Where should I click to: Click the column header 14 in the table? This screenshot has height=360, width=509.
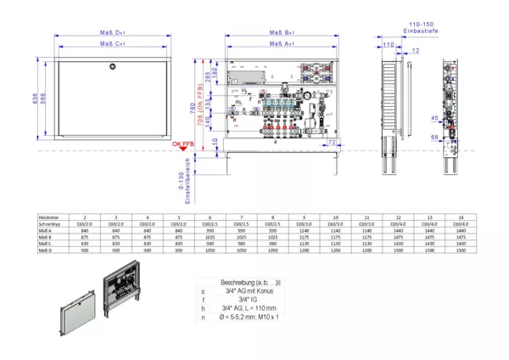point(459,217)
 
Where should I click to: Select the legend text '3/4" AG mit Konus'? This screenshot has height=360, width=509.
point(251,291)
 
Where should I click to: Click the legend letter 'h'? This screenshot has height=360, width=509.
point(203,308)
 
